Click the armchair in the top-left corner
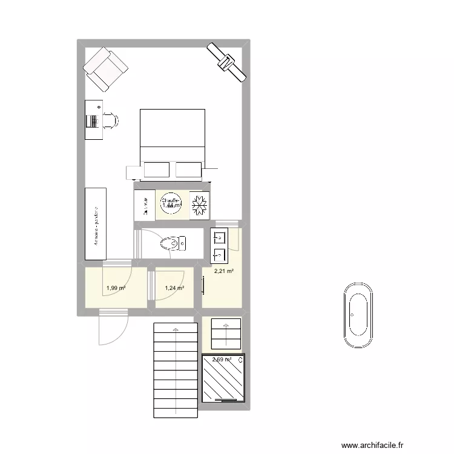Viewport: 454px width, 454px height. (x=106, y=68)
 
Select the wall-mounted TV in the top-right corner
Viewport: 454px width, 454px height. (x=226, y=62)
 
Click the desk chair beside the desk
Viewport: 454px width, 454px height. (x=111, y=120)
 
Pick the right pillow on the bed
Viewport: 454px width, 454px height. (x=188, y=170)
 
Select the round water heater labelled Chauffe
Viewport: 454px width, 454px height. (x=170, y=205)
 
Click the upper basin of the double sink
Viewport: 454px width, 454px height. (x=219, y=237)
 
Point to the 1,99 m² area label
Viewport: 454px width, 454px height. (x=116, y=288)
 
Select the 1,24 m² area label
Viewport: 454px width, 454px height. (x=175, y=288)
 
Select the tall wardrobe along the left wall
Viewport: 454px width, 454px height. (x=96, y=224)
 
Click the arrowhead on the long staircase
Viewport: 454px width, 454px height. (x=176, y=329)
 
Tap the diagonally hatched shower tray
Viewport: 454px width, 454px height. (x=224, y=378)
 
